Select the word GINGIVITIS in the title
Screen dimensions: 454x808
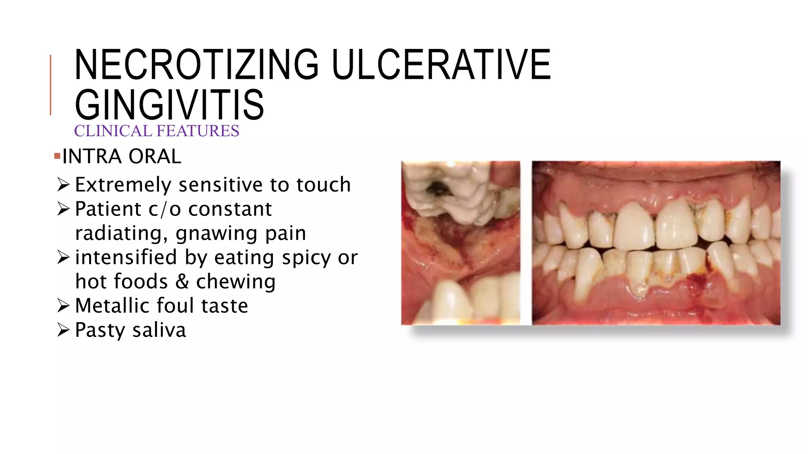(x=169, y=104)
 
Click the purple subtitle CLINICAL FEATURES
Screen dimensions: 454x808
(x=157, y=131)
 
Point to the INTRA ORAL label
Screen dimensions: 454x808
(x=122, y=156)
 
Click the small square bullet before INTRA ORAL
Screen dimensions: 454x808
(x=57, y=156)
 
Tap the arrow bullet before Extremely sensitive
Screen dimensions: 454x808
(x=63, y=184)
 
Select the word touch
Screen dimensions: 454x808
(x=324, y=184)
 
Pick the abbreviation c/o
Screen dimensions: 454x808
(x=165, y=209)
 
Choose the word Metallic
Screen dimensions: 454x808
(x=113, y=306)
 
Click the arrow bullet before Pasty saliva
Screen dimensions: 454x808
(x=63, y=329)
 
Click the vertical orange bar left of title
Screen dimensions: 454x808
(x=50, y=85)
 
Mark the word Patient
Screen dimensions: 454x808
(x=108, y=209)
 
